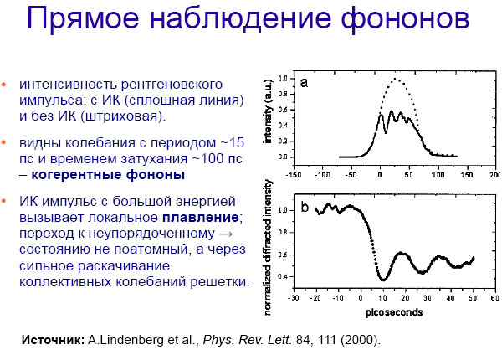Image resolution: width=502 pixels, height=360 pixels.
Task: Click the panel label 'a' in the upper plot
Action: [305, 82]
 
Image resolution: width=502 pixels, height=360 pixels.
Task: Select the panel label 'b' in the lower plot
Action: [306, 207]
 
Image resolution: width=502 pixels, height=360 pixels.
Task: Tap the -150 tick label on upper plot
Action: [292, 177]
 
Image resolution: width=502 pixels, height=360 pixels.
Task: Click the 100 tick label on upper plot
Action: [438, 177]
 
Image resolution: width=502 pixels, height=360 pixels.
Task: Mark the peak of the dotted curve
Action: [397, 80]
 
